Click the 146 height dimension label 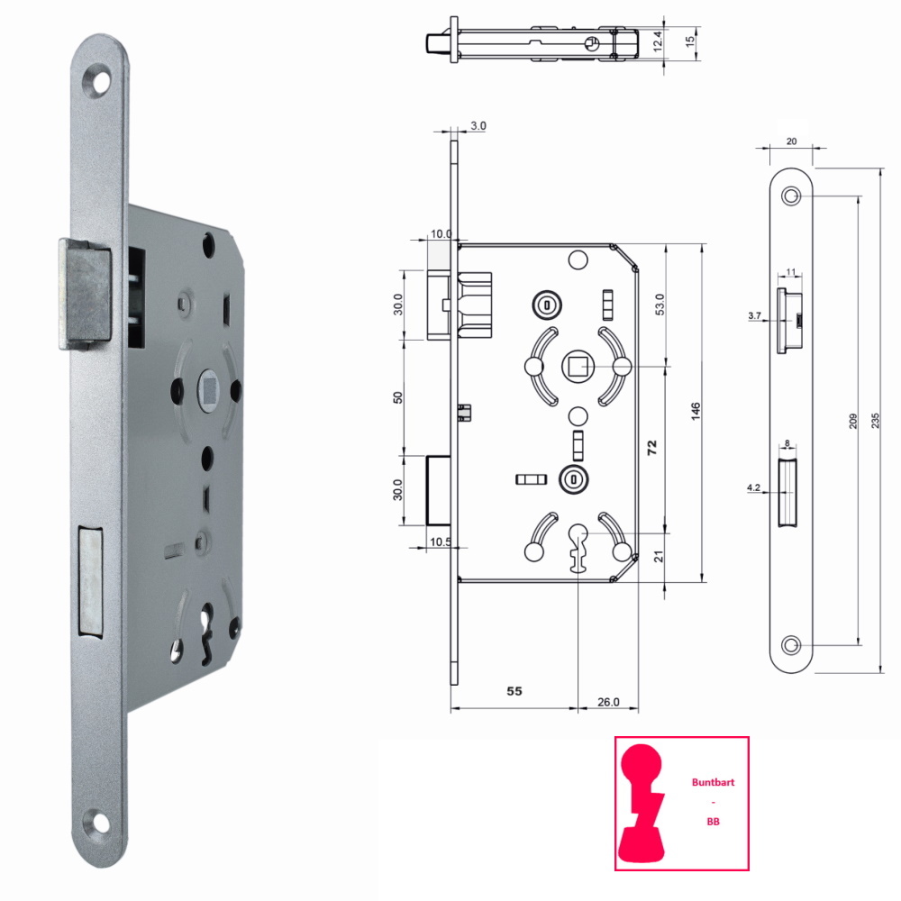[696, 411]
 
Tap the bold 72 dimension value [651, 448]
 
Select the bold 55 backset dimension [514, 691]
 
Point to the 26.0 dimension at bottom [608, 702]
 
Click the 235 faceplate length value [875, 421]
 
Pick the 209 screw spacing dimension [852, 421]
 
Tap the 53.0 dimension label [660, 305]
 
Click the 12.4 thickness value [658, 42]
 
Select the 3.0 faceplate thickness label [478, 125]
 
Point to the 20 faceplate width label [791, 141]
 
